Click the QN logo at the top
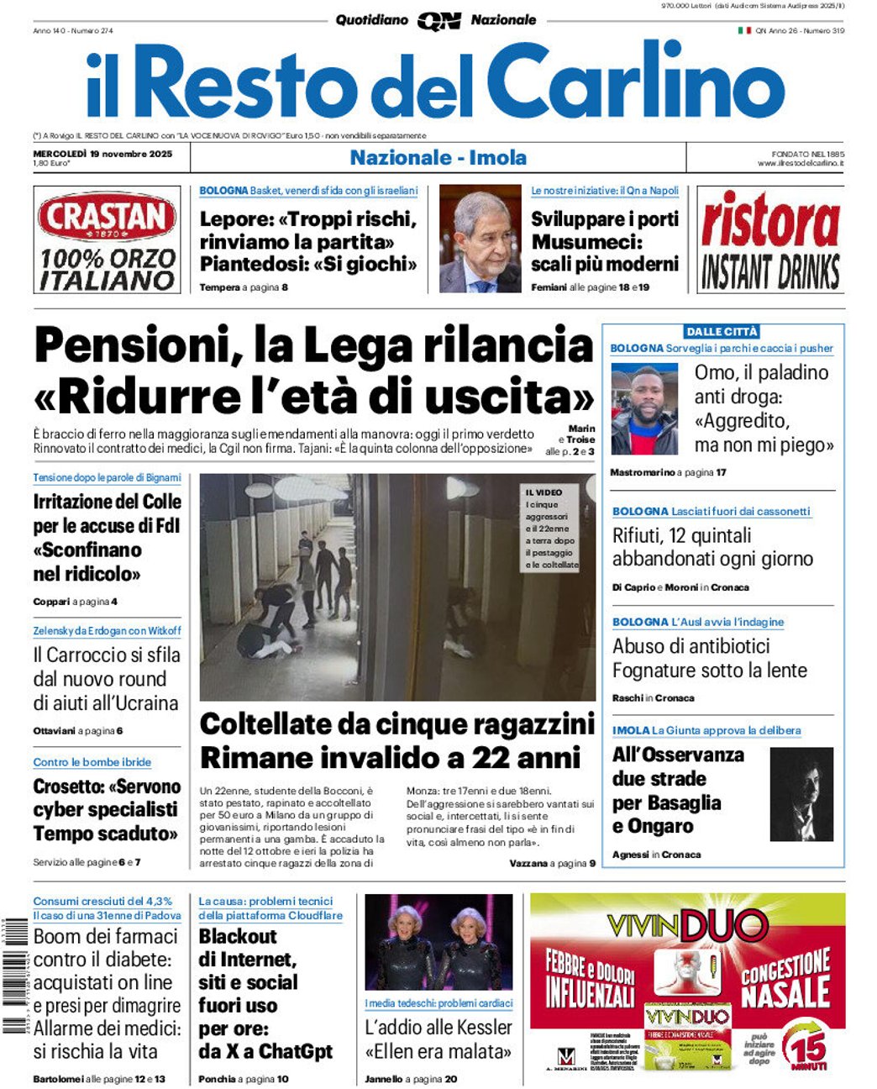(x=438, y=21)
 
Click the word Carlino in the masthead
(x=635, y=82)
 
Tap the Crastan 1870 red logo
(x=107, y=218)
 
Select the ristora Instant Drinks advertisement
(x=770, y=240)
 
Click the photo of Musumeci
(x=480, y=239)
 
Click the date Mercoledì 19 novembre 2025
(x=102, y=154)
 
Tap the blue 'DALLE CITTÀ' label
(x=722, y=332)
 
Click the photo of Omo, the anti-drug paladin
(x=644, y=409)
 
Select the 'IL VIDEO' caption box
(x=551, y=528)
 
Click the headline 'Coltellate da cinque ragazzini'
(x=396, y=724)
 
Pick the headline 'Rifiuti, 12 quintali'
(x=681, y=535)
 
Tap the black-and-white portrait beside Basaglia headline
(x=801, y=794)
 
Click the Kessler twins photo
(x=438, y=941)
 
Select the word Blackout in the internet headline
(x=238, y=936)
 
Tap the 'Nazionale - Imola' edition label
(x=438, y=157)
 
